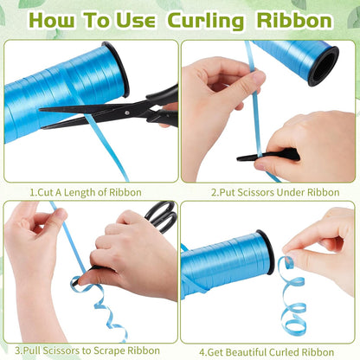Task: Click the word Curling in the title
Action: click(205, 22)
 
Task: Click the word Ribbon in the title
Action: click(294, 20)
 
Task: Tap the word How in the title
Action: click(52, 20)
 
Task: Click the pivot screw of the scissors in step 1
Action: click(127, 113)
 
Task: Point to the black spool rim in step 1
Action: click(118, 69)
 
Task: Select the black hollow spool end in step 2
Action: click(323, 67)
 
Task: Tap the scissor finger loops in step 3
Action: click(162, 217)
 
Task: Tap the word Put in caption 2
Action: click(228, 192)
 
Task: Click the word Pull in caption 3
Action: click(30, 350)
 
